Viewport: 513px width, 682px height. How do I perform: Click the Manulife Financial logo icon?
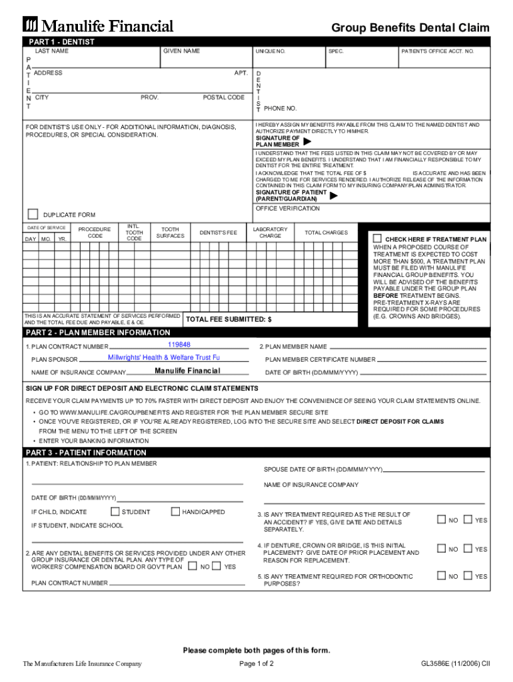[x=31, y=25]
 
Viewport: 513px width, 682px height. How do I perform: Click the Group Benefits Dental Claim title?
[x=410, y=27]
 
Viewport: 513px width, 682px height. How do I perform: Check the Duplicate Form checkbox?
[x=33, y=214]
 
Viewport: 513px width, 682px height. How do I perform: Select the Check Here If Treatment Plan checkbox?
[x=377, y=238]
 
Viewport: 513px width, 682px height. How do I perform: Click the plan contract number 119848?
[x=179, y=344]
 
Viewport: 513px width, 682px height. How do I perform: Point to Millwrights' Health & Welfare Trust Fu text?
[x=164, y=358]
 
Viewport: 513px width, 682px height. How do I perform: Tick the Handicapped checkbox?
[x=175, y=511]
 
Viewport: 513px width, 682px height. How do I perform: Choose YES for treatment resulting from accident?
[x=468, y=519]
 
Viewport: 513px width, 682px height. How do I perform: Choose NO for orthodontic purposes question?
[x=441, y=576]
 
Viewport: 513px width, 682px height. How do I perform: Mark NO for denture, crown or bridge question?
[x=441, y=549]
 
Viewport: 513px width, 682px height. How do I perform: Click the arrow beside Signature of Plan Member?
[x=307, y=141]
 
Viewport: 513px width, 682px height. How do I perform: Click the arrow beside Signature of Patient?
[x=334, y=196]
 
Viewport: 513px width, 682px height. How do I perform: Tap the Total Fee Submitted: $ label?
[x=229, y=320]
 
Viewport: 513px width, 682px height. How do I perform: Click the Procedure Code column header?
[x=95, y=232]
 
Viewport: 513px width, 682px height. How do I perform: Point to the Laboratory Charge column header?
[x=270, y=232]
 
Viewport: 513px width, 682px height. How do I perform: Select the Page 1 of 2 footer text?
[x=256, y=663]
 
